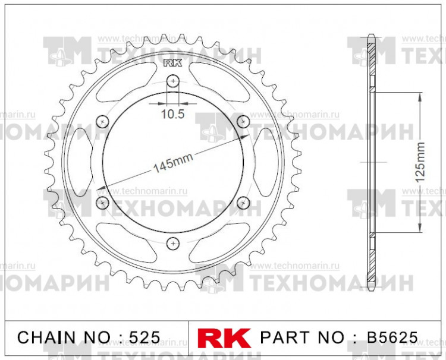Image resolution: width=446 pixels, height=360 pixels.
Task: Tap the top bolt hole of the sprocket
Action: pyautogui.click(x=173, y=80)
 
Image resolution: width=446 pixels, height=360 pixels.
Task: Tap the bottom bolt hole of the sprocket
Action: pyautogui.click(x=173, y=242)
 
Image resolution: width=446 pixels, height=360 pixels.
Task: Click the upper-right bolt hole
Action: pyautogui.click(x=243, y=121)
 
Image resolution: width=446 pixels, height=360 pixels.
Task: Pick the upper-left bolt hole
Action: pyautogui.click(x=103, y=121)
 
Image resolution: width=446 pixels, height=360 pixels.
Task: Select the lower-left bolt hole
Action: pyautogui.click(x=103, y=203)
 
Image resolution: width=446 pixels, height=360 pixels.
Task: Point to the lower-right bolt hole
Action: pyautogui.click(x=243, y=203)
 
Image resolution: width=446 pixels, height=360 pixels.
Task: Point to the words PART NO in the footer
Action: pyautogui.click(x=303, y=337)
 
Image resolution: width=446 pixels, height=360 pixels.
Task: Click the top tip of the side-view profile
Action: pyautogui.click(x=372, y=37)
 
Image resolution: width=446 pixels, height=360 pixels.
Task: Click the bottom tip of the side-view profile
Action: pyautogui.click(x=372, y=288)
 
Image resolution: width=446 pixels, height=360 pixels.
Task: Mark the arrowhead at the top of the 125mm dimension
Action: pyautogui.click(x=420, y=95)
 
